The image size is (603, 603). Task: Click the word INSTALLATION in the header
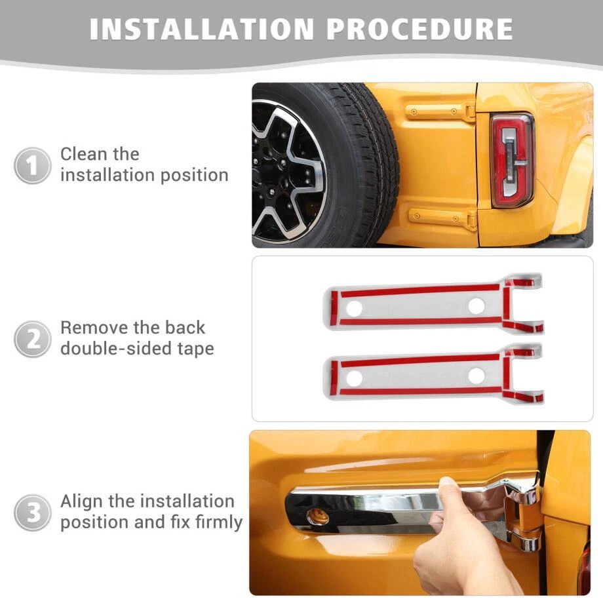[202, 29]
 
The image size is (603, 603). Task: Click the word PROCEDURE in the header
[420, 29]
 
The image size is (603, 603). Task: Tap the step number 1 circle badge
[32, 166]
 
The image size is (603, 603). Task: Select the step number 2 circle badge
[32, 340]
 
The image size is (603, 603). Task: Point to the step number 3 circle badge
[32, 513]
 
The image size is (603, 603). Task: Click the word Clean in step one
[83, 154]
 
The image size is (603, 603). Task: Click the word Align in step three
[81, 501]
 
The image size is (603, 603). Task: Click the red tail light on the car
[513, 160]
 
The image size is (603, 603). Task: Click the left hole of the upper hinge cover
[354, 308]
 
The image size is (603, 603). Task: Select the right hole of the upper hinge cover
[477, 305]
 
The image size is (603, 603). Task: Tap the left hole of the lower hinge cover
[354, 378]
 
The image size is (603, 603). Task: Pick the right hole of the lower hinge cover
[477, 376]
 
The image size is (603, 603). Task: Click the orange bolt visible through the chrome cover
[318, 516]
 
